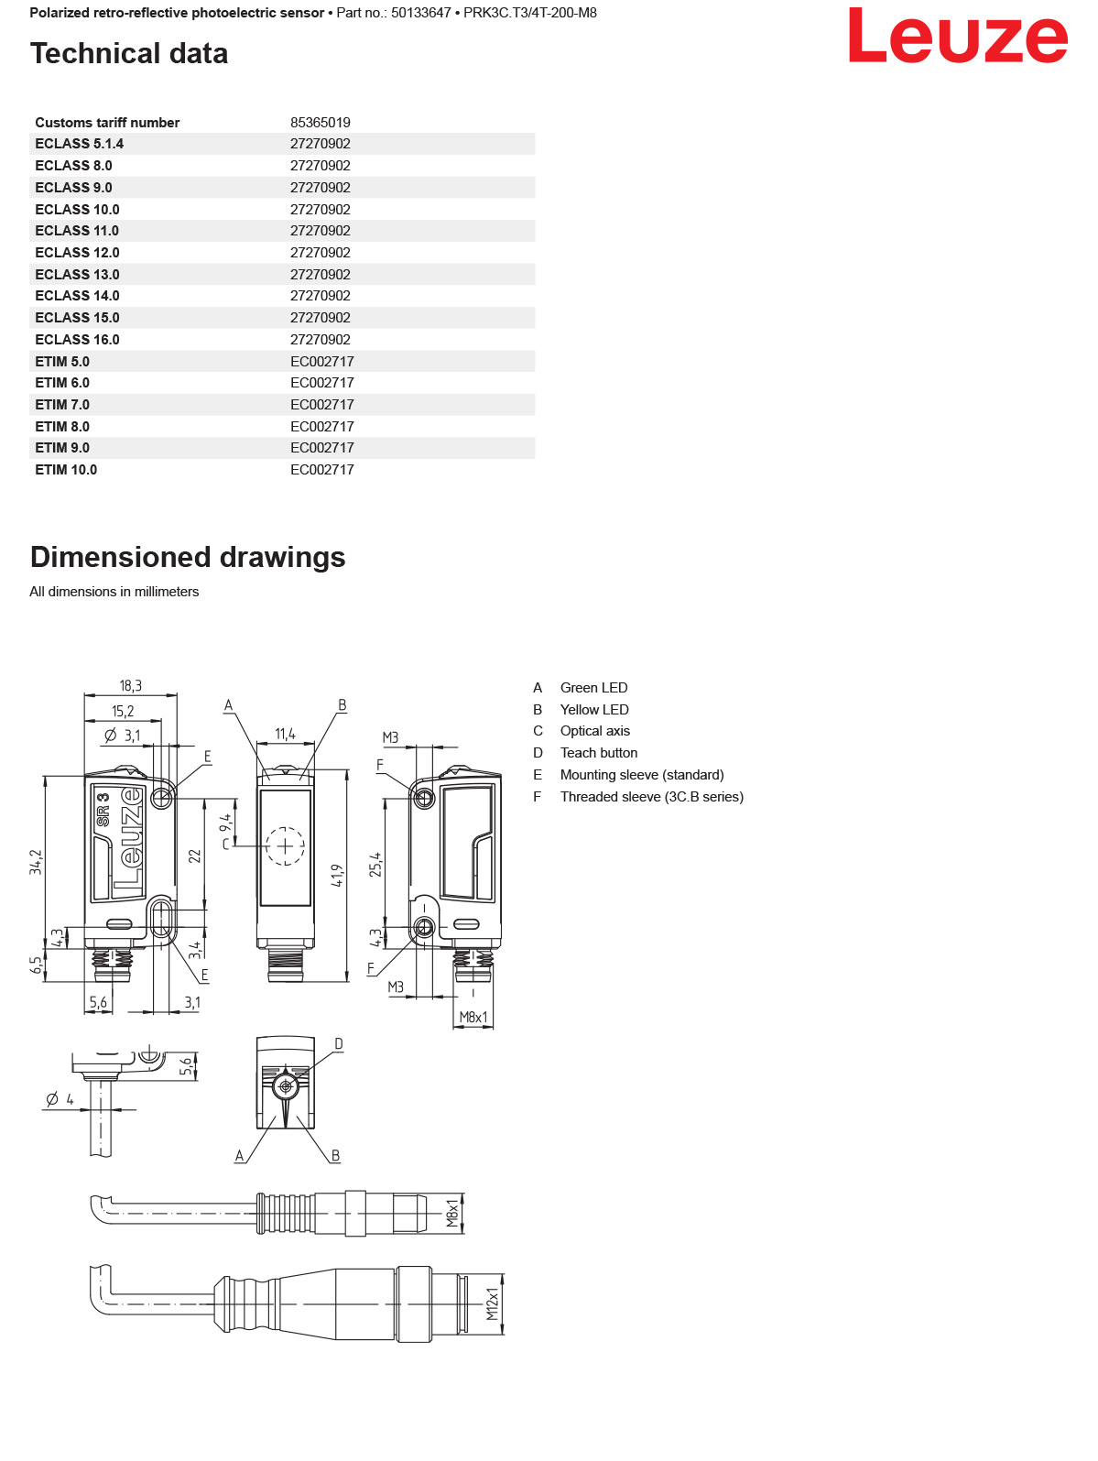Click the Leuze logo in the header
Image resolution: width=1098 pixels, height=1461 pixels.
(x=957, y=37)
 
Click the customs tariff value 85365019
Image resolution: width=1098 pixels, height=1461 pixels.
(x=320, y=123)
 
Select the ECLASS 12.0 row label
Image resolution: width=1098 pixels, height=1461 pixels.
(x=77, y=253)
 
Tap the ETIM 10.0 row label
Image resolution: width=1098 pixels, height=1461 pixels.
(x=66, y=470)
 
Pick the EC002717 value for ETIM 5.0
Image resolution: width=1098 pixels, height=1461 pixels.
(x=321, y=362)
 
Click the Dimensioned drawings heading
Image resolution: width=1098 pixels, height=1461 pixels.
(x=188, y=557)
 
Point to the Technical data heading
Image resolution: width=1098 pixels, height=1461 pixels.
(x=129, y=53)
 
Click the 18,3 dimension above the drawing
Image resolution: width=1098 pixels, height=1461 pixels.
(x=130, y=686)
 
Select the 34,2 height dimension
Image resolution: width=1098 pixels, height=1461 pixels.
(x=36, y=862)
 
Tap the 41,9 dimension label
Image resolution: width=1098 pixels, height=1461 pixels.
(x=337, y=876)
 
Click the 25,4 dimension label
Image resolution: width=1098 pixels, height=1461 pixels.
(x=375, y=865)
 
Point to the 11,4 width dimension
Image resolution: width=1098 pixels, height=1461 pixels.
(x=285, y=734)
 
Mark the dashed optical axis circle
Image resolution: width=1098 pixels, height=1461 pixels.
(x=285, y=845)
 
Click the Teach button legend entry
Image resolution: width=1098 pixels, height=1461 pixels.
(x=598, y=753)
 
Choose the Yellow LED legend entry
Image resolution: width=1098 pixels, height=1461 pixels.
(x=593, y=710)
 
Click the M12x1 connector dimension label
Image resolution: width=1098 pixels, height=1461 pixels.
(x=492, y=1303)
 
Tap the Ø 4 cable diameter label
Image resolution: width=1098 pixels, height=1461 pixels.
(x=60, y=1099)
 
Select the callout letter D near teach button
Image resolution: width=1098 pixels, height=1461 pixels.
(x=338, y=1044)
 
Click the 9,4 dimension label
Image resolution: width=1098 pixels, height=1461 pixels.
(x=225, y=823)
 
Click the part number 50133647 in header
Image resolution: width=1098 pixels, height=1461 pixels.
(x=420, y=13)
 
